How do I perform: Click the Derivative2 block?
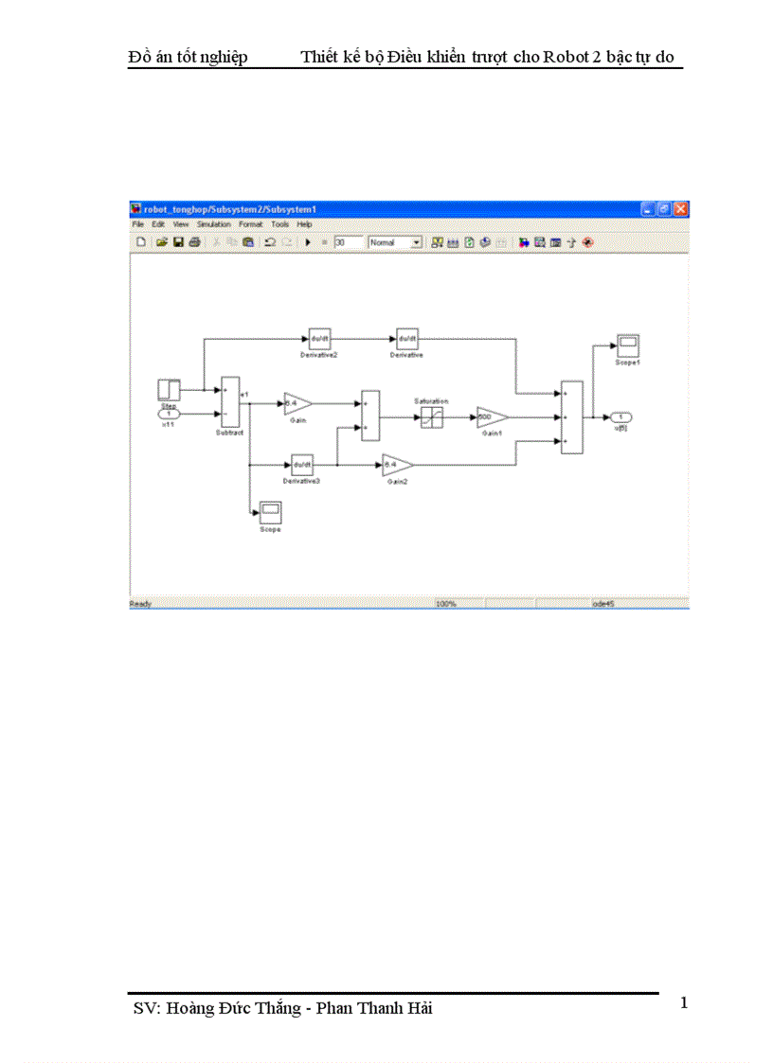tap(318, 338)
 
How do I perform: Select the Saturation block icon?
tap(432, 416)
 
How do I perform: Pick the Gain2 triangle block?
tap(397, 464)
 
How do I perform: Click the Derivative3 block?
tap(302, 464)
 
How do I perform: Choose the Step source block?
tap(169, 390)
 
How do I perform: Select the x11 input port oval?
tap(169, 415)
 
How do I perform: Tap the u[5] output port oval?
tap(620, 416)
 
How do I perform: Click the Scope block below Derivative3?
tap(270, 512)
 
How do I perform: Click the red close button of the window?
tap(681, 208)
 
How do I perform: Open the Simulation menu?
tap(214, 224)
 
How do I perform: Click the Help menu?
tap(305, 224)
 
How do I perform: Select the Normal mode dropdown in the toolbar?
tap(395, 242)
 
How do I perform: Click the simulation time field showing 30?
tap(349, 242)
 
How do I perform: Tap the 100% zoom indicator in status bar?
tap(446, 603)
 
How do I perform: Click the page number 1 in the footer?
tap(684, 1002)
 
